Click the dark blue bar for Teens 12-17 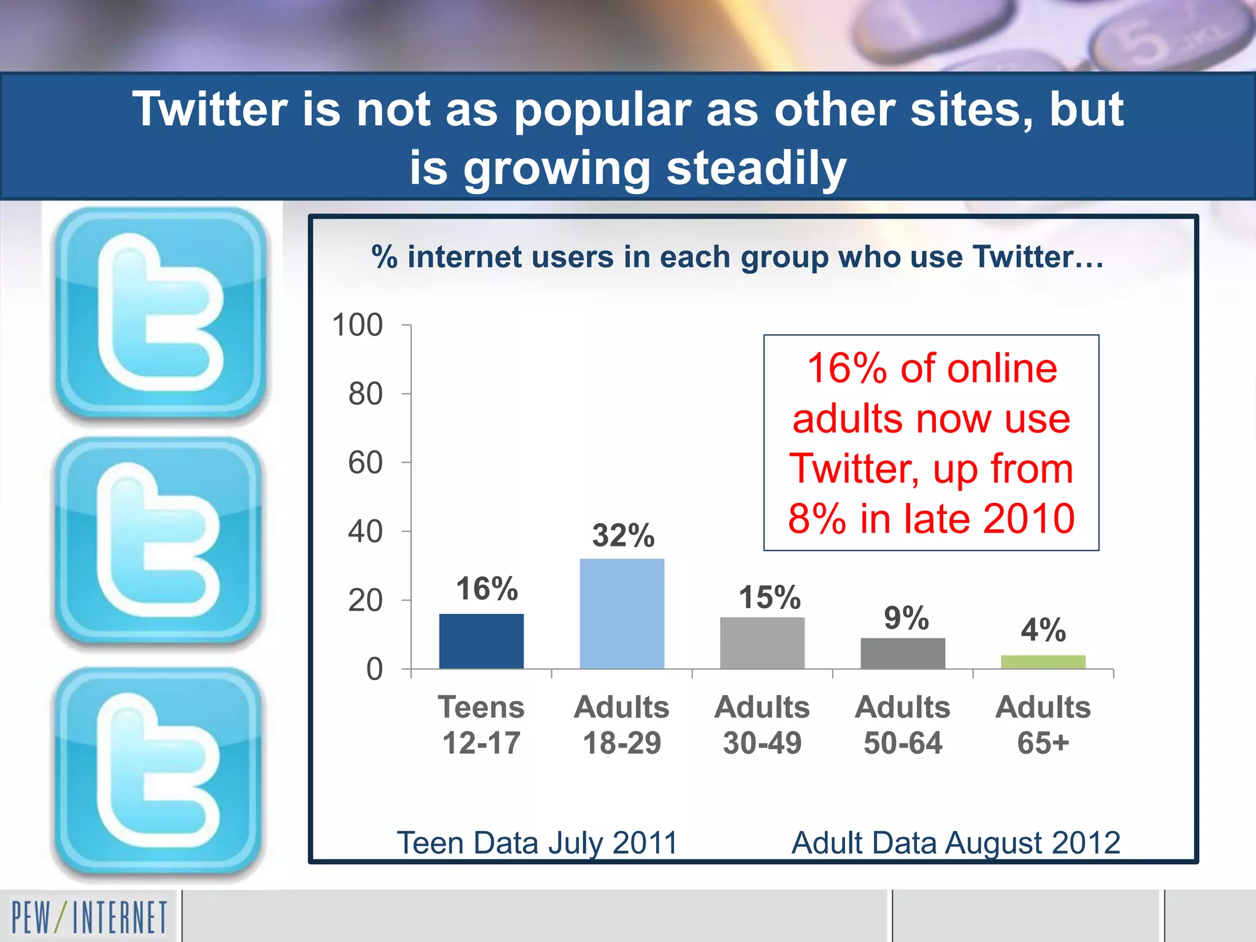(481, 641)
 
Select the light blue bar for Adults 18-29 (622, 613)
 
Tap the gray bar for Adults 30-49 (762, 643)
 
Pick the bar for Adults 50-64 (903, 653)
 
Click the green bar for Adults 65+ (1043, 662)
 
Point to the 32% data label (623, 535)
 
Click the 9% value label (906, 618)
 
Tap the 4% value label (1043, 630)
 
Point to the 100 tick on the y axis (358, 325)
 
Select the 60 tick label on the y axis (366, 463)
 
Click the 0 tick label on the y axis (374, 669)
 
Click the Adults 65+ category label (1043, 725)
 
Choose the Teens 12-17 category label (481, 725)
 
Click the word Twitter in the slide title (209, 109)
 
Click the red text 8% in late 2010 (931, 519)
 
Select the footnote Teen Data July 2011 (537, 843)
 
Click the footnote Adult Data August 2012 (955, 843)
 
